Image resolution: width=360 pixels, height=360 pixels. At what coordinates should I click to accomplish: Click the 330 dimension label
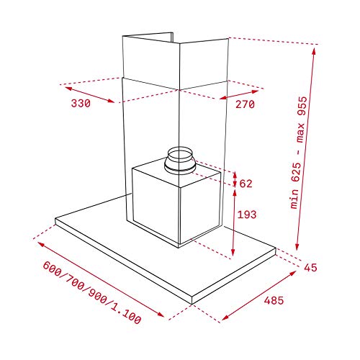pyautogui.click(x=81, y=104)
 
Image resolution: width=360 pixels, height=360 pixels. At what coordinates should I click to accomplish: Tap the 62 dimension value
pyautogui.click(x=246, y=184)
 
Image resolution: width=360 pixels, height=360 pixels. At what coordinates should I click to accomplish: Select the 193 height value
pyautogui.click(x=246, y=215)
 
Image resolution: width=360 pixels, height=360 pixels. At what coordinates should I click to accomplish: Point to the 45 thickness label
pyautogui.click(x=310, y=268)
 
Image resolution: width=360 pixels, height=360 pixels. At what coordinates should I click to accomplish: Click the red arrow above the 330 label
pyautogui.click(x=89, y=94)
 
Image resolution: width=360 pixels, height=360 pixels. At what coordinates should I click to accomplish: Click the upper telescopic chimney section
pyautogui.click(x=148, y=61)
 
